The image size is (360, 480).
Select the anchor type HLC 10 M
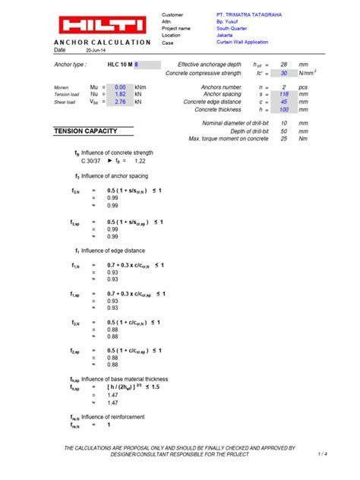point(119,66)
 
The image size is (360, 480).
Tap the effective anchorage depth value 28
point(283,66)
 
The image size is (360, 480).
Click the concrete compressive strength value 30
point(283,73)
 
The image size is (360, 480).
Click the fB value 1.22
point(140,162)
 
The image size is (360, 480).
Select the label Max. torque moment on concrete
point(229,138)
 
